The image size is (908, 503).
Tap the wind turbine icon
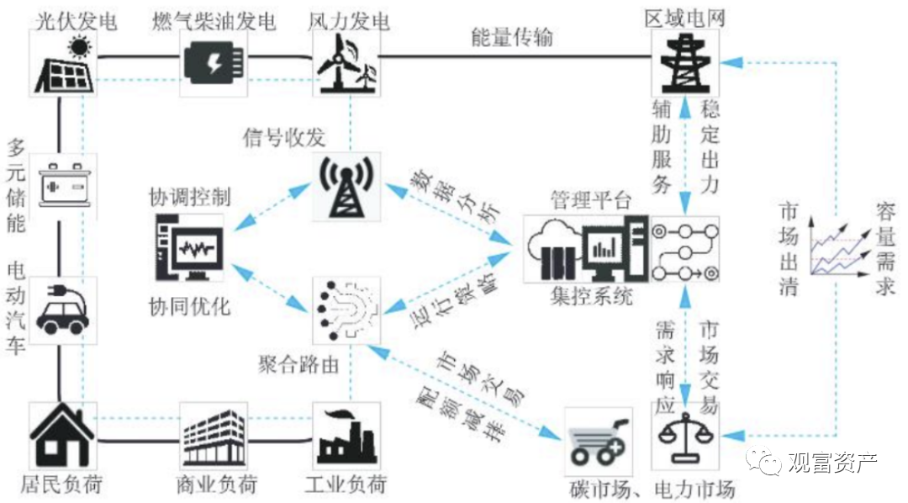[346, 63]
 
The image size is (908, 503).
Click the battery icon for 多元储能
[64, 185]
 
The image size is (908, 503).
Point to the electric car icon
[62, 310]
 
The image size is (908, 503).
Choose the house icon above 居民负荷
[62, 436]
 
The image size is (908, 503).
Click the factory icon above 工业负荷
[346, 436]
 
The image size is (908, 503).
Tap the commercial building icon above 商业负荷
[214, 437]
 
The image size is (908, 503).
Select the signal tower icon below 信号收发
[346, 187]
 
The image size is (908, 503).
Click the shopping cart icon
[599, 442]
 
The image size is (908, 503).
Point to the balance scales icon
[685, 437]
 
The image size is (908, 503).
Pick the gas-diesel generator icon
[214, 63]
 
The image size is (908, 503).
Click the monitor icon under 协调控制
[190, 248]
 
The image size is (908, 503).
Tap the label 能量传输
[513, 37]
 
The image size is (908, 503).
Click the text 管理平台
[591, 200]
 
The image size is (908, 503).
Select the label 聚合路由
[298, 365]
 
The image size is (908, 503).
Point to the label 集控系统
[592, 297]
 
